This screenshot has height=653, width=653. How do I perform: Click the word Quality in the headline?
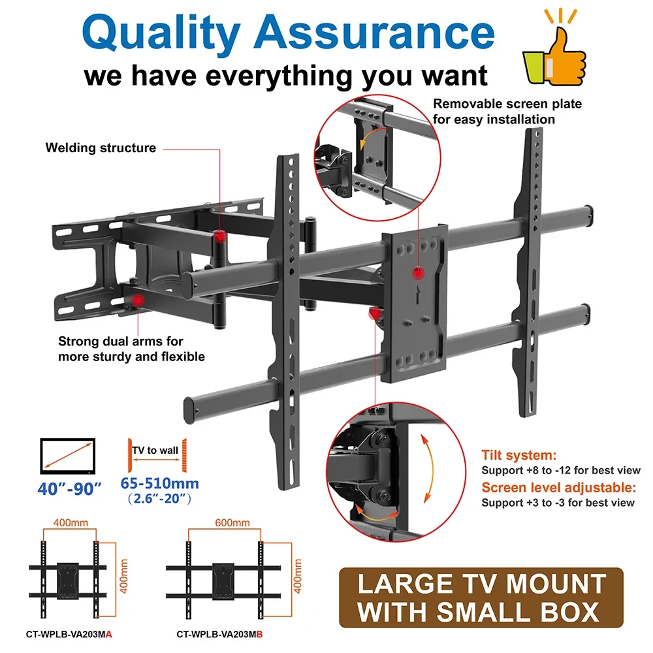coord(161,33)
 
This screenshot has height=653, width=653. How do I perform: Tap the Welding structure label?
coord(101,148)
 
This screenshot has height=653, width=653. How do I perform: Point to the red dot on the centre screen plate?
coord(418,274)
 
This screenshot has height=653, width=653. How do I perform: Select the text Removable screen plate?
coord(507,104)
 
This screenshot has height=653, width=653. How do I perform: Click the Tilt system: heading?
coord(519,454)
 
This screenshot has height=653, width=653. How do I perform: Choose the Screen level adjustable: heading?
coord(559,487)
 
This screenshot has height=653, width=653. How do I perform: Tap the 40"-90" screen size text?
coord(69,488)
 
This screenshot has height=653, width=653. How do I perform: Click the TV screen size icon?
coord(68,456)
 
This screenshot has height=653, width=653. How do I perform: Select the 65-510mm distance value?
coord(159,483)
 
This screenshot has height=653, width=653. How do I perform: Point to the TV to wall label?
coord(155,450)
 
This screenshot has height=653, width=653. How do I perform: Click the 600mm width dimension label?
coord(232,522)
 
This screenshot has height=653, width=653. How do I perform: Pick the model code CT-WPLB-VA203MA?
coord(69,634)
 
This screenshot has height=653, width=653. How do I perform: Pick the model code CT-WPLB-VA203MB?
coord(219,634)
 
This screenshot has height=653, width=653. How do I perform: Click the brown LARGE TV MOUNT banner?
coord(481,597)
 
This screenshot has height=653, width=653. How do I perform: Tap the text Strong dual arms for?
coord(121,341)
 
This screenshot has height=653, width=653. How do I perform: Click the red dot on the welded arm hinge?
coord(220,237)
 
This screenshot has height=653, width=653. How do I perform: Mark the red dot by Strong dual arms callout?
coord(136,300)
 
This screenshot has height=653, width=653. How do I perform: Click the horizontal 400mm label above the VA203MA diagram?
coord(71,522)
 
